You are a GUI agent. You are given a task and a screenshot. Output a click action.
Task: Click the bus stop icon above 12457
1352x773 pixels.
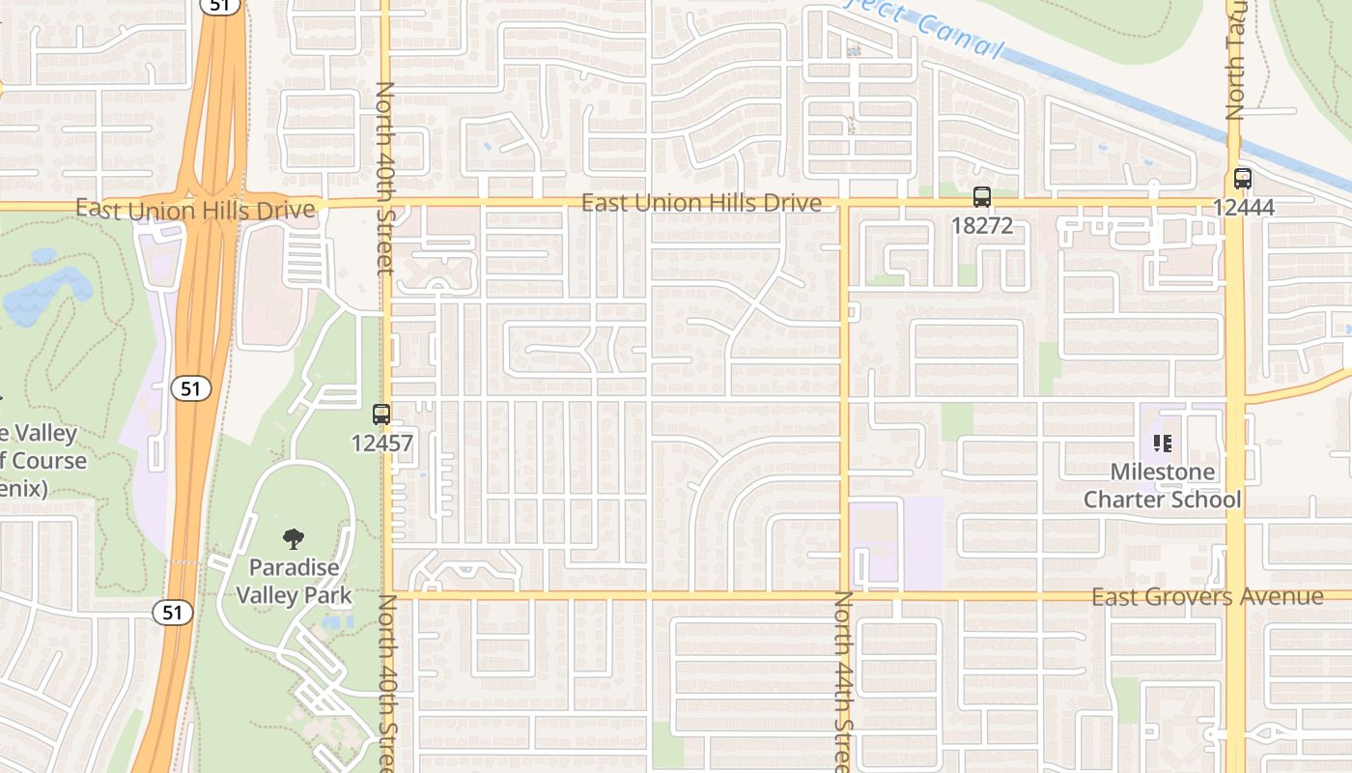[381, 415]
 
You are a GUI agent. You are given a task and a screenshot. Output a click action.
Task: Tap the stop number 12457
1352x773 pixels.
[381, 444]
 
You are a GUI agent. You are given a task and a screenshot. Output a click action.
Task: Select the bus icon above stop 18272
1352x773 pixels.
[982, 197]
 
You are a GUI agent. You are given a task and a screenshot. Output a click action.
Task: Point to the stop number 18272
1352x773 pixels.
[982, 226]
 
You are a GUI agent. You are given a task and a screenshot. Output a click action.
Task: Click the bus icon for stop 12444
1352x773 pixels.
[1243, 179]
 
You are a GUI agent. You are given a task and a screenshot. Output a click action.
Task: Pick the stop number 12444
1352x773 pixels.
[1244, 207]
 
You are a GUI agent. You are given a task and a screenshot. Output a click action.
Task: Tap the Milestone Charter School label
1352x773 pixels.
[1163, 486]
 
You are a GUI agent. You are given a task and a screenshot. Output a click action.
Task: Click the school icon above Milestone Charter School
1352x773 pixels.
[1163, 444]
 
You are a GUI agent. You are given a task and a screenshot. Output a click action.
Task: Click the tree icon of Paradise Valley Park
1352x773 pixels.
[294, 538]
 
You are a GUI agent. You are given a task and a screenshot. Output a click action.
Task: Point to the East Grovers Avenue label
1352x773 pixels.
[1207, 597]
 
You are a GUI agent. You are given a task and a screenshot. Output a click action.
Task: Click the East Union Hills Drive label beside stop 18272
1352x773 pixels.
[701, 203]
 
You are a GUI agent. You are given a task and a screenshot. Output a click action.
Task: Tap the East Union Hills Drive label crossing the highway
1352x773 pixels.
[195, 210]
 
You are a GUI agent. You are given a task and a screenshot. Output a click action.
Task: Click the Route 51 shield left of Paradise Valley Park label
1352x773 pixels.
[172, 612]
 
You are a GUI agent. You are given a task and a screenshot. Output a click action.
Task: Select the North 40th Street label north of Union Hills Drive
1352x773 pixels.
[385, 177]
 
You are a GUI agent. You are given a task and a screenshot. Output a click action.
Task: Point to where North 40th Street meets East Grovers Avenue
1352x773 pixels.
[388, 594]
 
